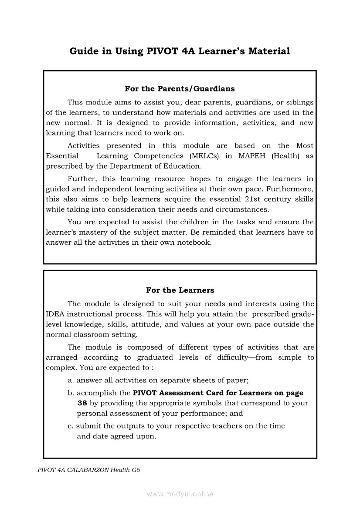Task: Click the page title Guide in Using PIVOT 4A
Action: tap(180, 51)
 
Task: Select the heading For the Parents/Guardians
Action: tap(180, 89)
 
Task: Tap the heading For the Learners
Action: tap(180, 290)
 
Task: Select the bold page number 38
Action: tap(82, 403)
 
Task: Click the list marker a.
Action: tap(71, 380)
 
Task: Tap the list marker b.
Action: tap(71, 393)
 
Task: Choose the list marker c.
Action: tap(70, 426)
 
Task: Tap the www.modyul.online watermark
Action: tap(180, 494)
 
